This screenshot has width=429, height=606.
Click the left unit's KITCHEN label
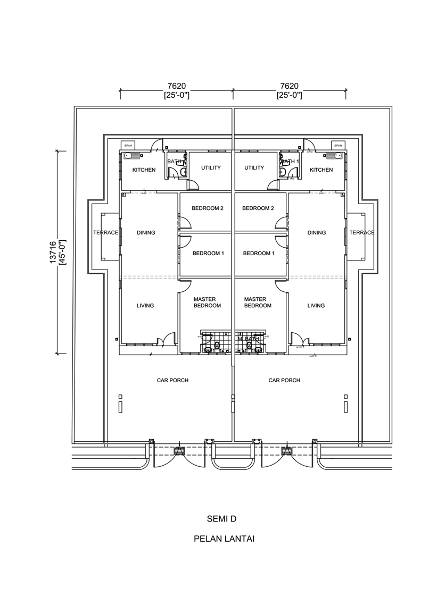click(144, 170)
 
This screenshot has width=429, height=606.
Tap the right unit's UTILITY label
click(254, 168)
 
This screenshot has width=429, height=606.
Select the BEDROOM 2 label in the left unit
click(208, 208)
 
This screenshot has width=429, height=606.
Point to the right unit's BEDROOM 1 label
click(259, 254)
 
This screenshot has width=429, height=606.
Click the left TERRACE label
click(105, 233)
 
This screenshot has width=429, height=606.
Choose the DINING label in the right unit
click(316, 233)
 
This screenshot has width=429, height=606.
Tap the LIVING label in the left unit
click(145, 306)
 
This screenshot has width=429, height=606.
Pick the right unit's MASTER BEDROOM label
click(258, 302)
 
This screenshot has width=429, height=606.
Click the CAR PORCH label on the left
click(172, 381)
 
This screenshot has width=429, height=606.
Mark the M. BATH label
click(249, 338)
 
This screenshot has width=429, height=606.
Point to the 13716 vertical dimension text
click(52, 252)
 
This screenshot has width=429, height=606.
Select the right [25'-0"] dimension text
click(289, 96)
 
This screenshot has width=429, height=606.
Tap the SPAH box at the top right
click(337, 145)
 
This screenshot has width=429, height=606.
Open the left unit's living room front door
click(169, 339)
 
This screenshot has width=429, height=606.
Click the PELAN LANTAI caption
click(224, 539)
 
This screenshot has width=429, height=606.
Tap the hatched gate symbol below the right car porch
click(287, 451)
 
